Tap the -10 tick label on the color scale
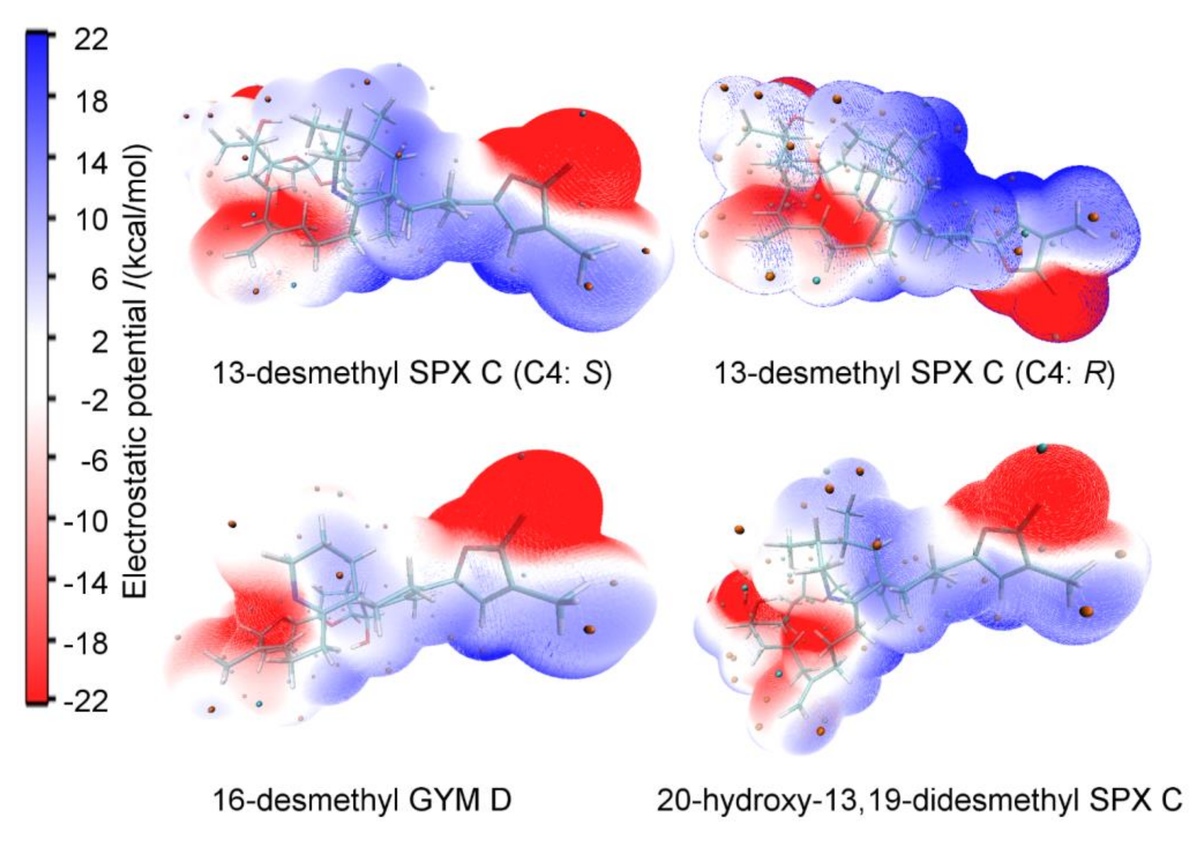click(x=86, y=520)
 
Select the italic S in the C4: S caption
click(x=593, y=374)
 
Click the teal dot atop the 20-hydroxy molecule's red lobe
click(x=1042, y=448)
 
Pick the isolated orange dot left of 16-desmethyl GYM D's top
click(x=233, y=524)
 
